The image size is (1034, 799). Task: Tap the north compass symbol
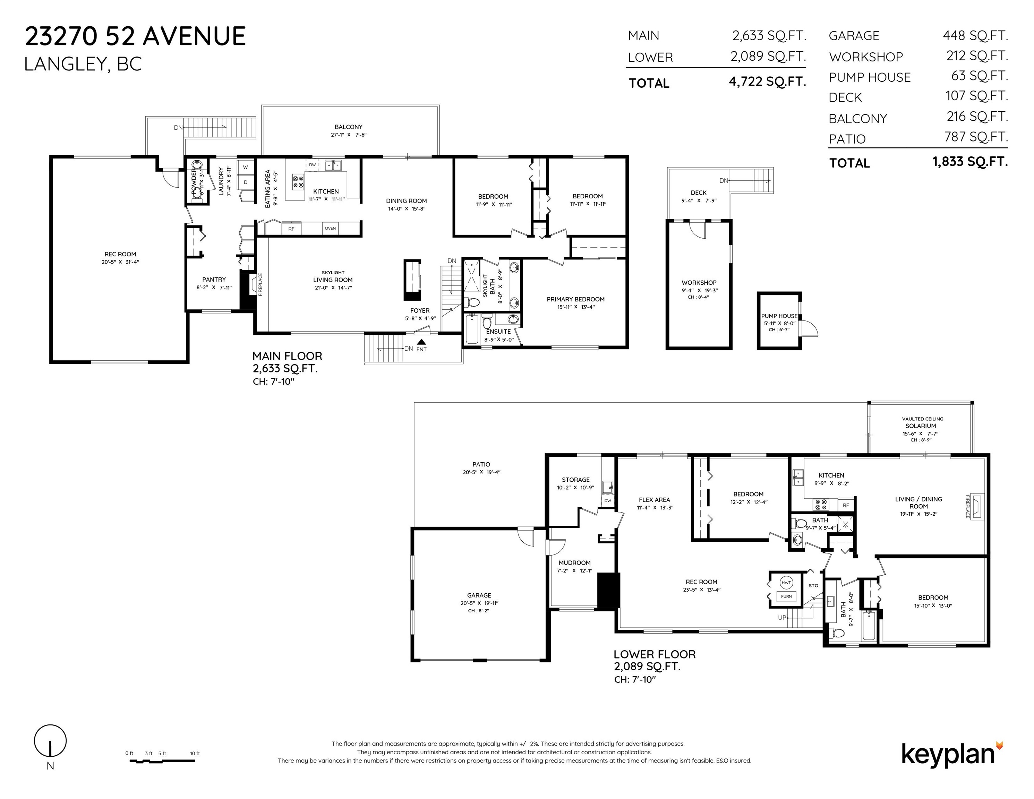[x=50, y=744]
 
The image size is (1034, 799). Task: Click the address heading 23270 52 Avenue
[x=135, y=36]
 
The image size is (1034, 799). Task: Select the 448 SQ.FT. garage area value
[x=975, y=35]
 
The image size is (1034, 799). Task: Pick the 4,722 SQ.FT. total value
[x=768, y=82]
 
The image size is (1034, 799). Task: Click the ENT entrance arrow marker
[x=421, y=342]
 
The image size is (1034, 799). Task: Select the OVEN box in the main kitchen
[x=330, y=229]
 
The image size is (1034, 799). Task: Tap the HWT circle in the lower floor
[x=786, y=583]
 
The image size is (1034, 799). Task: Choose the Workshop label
[x=699, y=283]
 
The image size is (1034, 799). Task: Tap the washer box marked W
[x=245, y=167]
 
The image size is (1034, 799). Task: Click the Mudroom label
[x=574, y=563]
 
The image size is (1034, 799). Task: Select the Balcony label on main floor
[x=349, y=127]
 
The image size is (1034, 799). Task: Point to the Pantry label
[x=214, y=279]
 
